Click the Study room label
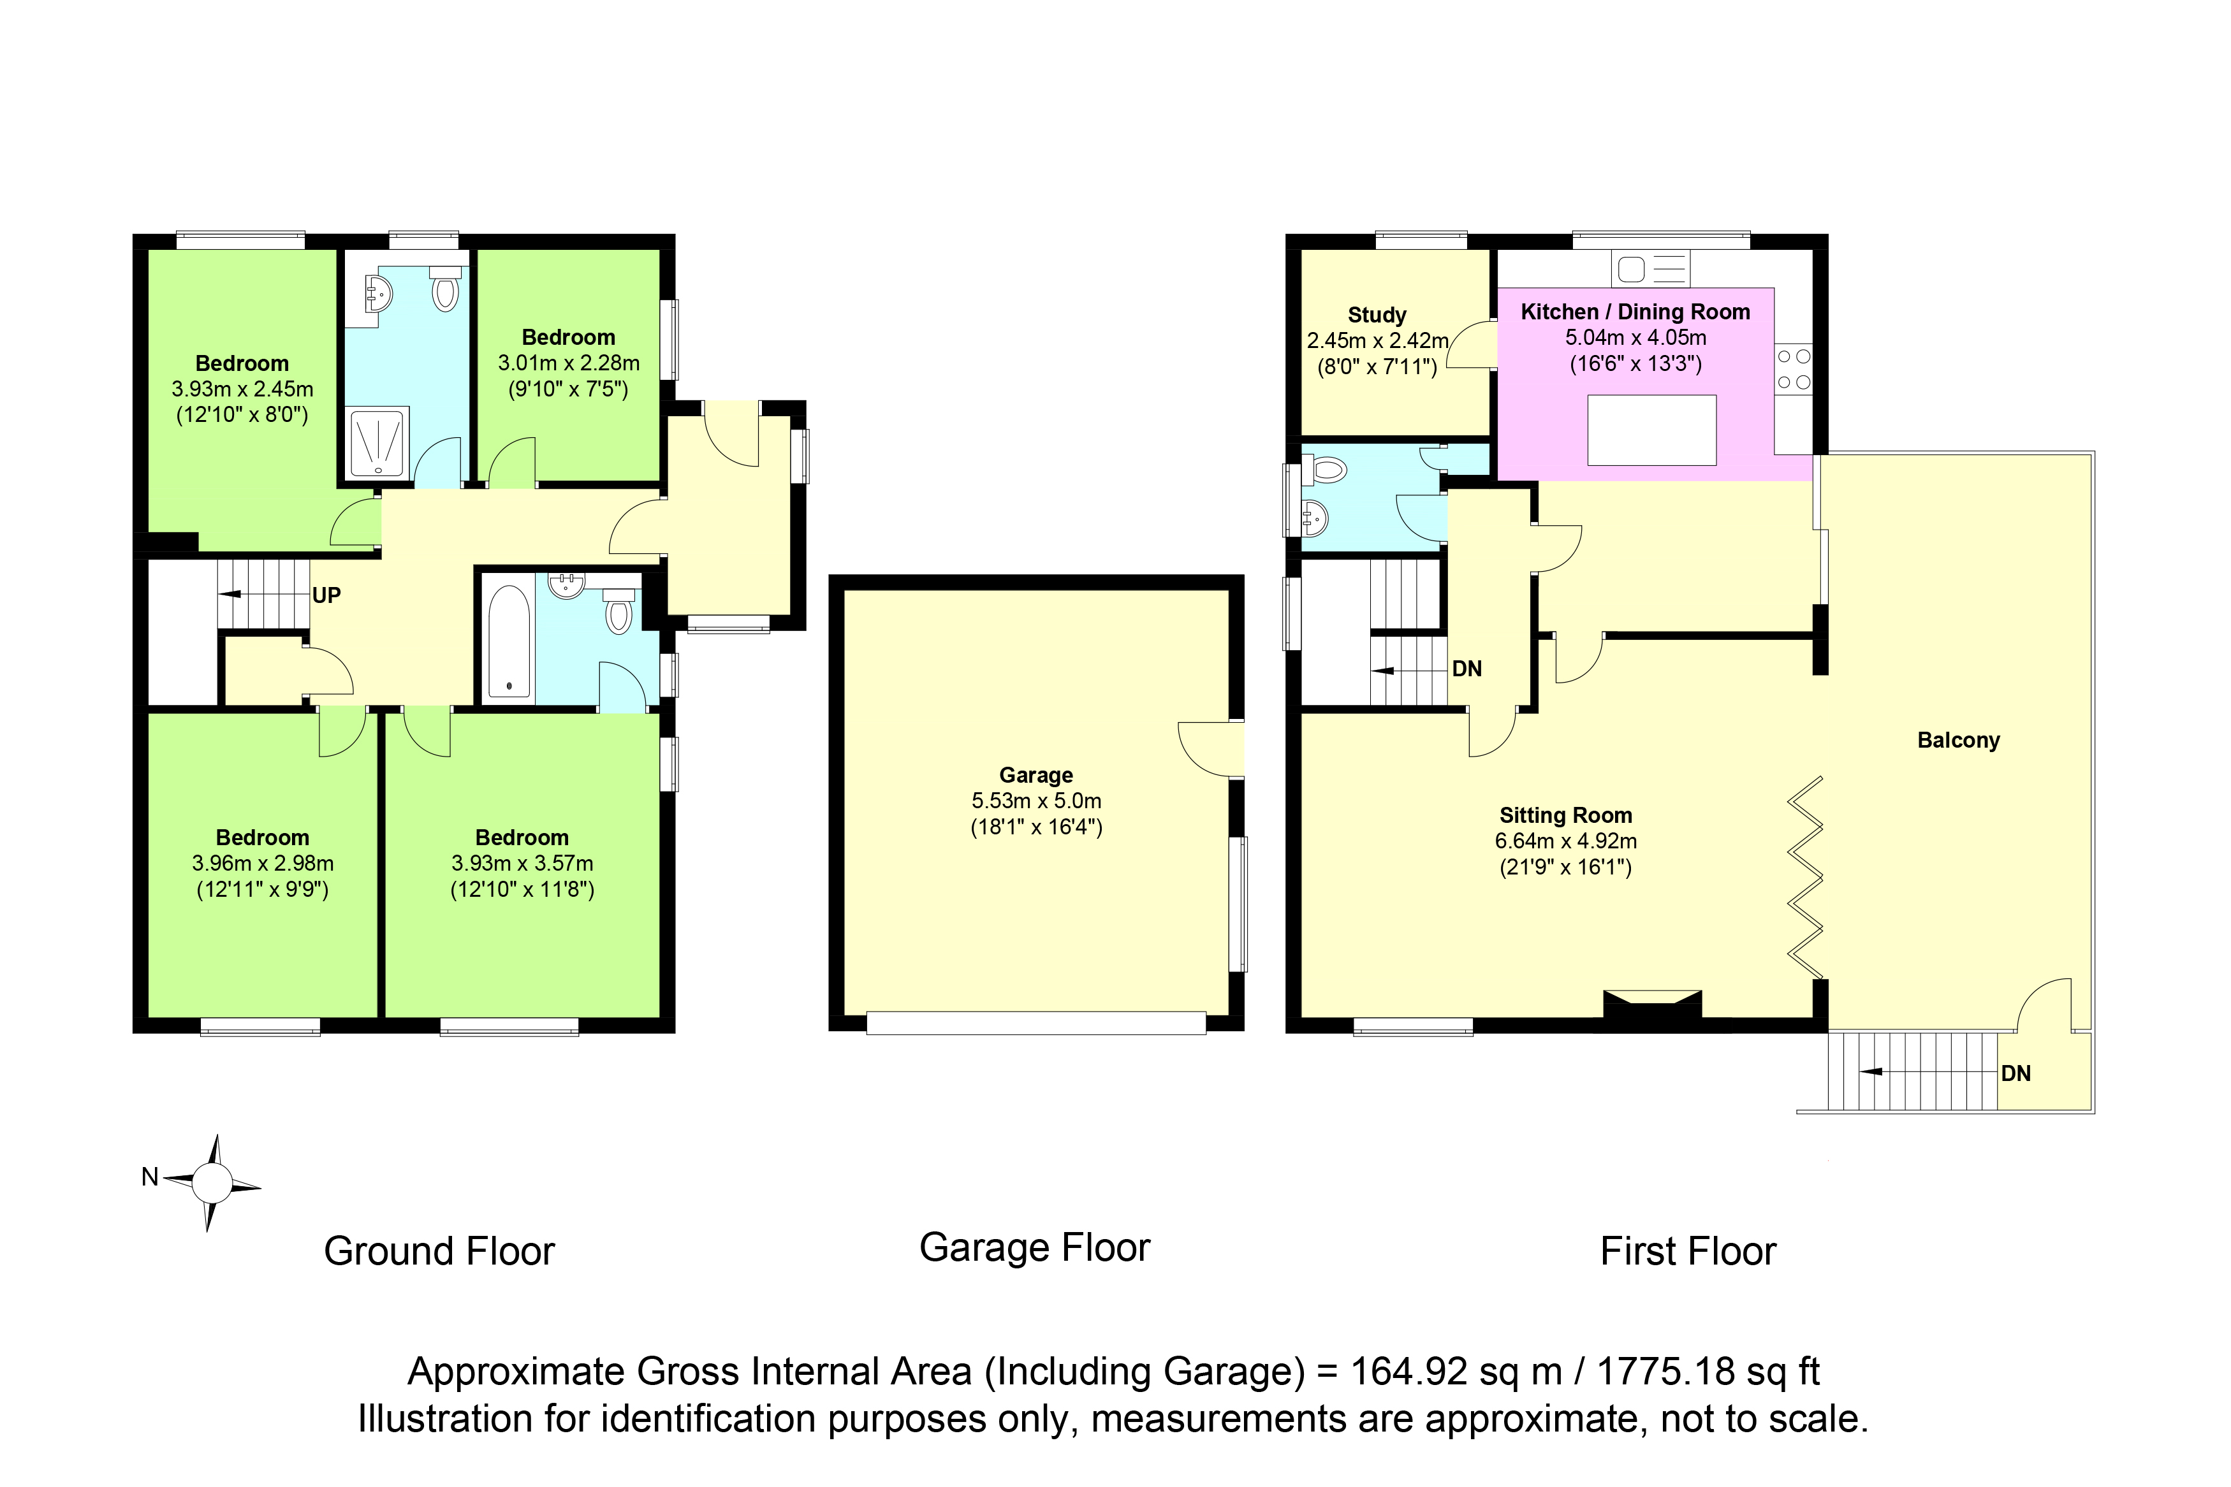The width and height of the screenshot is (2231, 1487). pos(1377,315)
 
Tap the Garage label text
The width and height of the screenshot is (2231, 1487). pos(1036,775)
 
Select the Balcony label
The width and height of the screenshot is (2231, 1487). pos(1958,740)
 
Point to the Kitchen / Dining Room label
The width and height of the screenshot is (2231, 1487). pos(1635,312)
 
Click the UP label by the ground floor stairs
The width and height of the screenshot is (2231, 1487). pos(326,595)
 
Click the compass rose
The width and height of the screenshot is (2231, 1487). pos(212,1182)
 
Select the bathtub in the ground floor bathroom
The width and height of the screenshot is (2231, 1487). pos(509,641)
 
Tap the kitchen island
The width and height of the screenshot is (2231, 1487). pos(1651,430)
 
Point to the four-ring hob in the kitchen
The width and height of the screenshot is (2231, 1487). pos(1793,370)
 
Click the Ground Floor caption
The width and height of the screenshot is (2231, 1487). pos(439,1252)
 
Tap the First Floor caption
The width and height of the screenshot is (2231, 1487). pos(1688,1252)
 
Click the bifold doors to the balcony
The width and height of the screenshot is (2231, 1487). pos(1805,877)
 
